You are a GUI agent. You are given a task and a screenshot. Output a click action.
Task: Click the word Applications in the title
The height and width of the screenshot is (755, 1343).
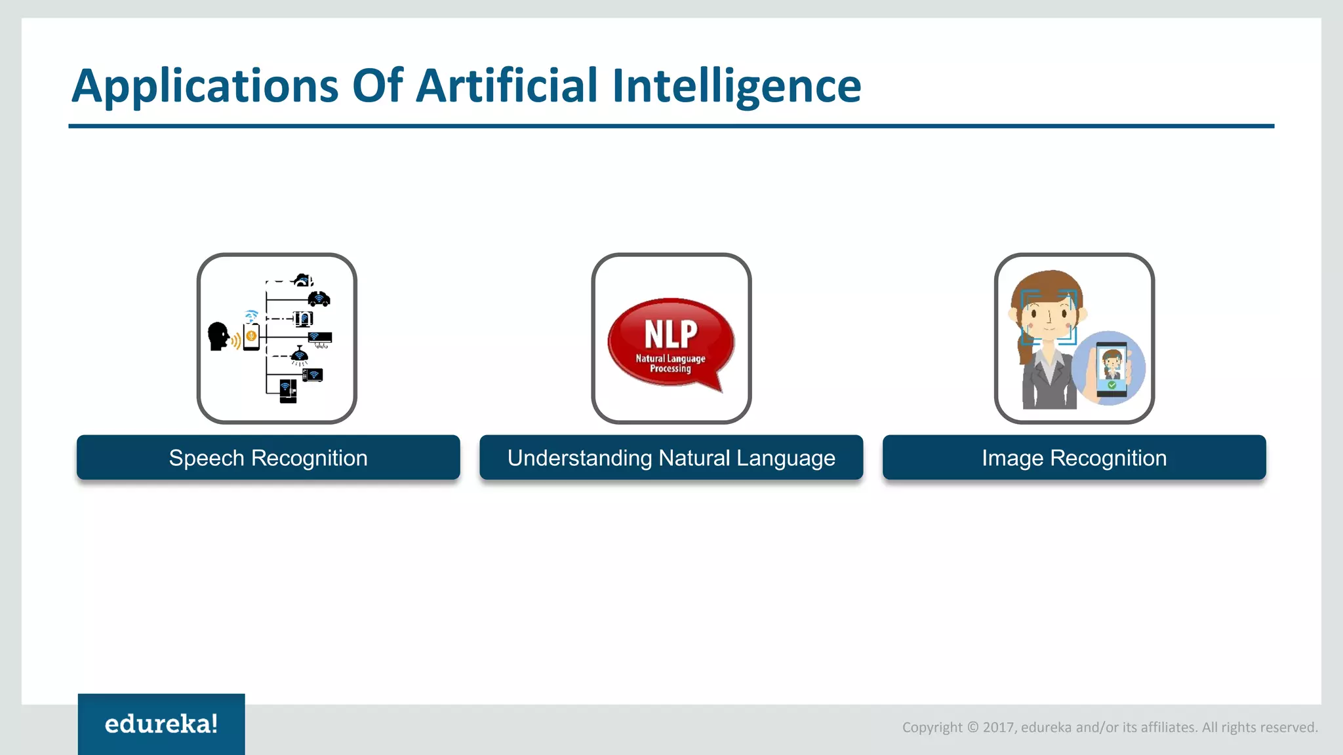205,87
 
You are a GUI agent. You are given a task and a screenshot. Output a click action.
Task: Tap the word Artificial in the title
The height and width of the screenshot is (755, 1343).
507,87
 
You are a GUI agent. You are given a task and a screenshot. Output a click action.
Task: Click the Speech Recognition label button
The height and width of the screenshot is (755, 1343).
268,457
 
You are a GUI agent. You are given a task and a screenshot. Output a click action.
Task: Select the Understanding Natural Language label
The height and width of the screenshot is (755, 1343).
671,457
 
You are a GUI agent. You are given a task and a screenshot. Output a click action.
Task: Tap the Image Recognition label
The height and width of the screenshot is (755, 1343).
1073,457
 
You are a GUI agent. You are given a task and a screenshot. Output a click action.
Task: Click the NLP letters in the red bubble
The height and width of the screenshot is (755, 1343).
671,334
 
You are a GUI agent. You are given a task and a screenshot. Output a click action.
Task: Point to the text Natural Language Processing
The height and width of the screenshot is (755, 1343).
670,364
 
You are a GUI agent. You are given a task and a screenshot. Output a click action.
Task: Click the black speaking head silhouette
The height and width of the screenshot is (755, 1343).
218,336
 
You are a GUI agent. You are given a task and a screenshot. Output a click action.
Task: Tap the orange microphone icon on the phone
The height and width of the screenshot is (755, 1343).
251,336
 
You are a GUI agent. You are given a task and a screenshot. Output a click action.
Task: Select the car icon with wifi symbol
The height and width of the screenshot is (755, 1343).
319,299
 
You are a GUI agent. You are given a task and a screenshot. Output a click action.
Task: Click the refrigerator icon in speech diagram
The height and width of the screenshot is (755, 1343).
288,391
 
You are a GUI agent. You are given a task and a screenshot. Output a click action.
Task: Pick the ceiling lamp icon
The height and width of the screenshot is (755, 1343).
299,355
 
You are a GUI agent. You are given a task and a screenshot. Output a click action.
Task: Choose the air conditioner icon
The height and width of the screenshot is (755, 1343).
320,338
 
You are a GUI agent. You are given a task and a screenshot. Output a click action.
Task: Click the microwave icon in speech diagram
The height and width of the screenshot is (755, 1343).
312,375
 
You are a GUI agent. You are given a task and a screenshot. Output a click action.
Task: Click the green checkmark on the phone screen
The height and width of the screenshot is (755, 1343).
1112,385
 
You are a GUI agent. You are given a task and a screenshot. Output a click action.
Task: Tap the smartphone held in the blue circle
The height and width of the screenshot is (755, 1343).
1112,369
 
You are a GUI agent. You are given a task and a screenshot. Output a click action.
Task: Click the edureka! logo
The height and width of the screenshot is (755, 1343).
161,724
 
